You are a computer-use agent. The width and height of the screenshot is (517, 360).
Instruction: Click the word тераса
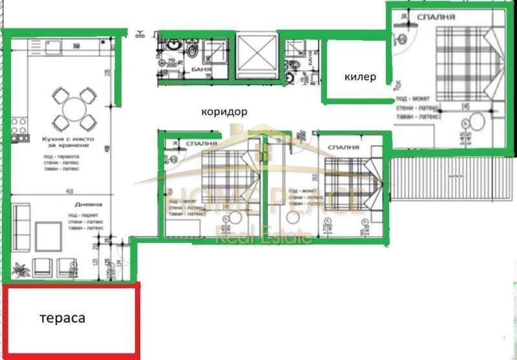point(62,318)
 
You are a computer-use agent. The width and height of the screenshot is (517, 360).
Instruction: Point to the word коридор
point(224,111)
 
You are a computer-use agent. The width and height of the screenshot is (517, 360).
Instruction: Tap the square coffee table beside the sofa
point(48,237)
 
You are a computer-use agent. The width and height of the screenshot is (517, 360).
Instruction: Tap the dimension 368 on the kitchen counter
point(76,46)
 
